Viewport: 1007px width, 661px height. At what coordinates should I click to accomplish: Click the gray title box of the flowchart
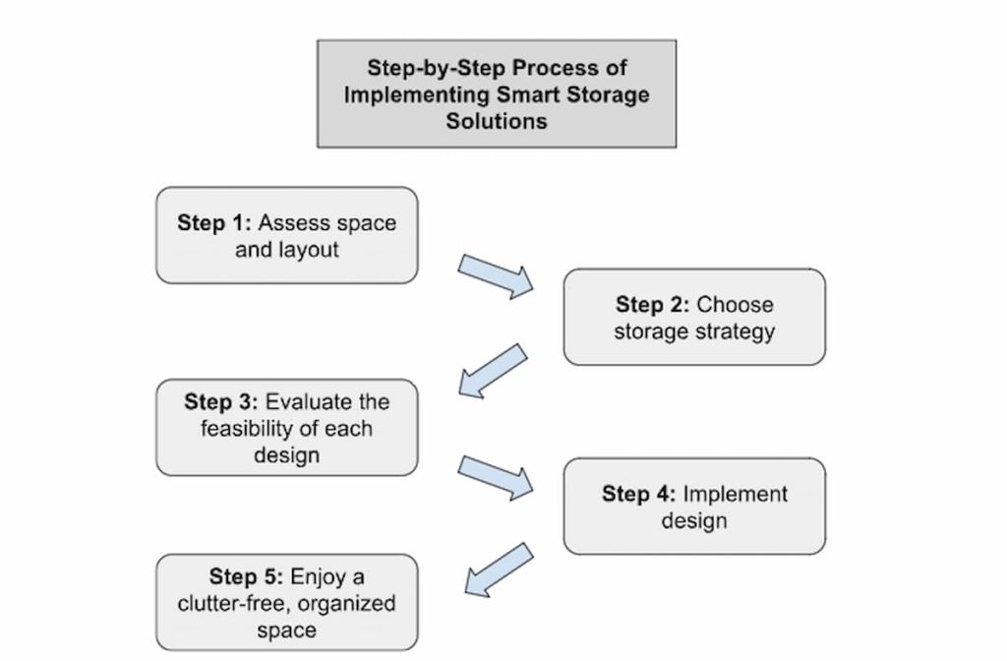tap(496, 93)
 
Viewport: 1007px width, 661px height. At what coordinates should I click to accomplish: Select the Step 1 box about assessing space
tap(286, 235)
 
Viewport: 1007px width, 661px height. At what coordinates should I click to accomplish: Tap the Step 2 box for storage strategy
tap(693, 317)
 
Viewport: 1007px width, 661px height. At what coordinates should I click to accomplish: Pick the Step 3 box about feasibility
tap(286, 428)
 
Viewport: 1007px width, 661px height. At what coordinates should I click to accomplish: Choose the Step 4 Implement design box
tap(693, 506)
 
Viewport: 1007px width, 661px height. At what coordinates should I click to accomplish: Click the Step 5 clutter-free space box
tap(286, 602)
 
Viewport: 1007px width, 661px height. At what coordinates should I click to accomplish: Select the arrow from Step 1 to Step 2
tap(495, 275)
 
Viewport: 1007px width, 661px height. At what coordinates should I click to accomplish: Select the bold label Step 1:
tap(214, 222)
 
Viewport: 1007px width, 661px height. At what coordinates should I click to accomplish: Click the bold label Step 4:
tap(638, 493)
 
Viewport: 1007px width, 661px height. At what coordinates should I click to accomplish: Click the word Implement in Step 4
tap(735, 493)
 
